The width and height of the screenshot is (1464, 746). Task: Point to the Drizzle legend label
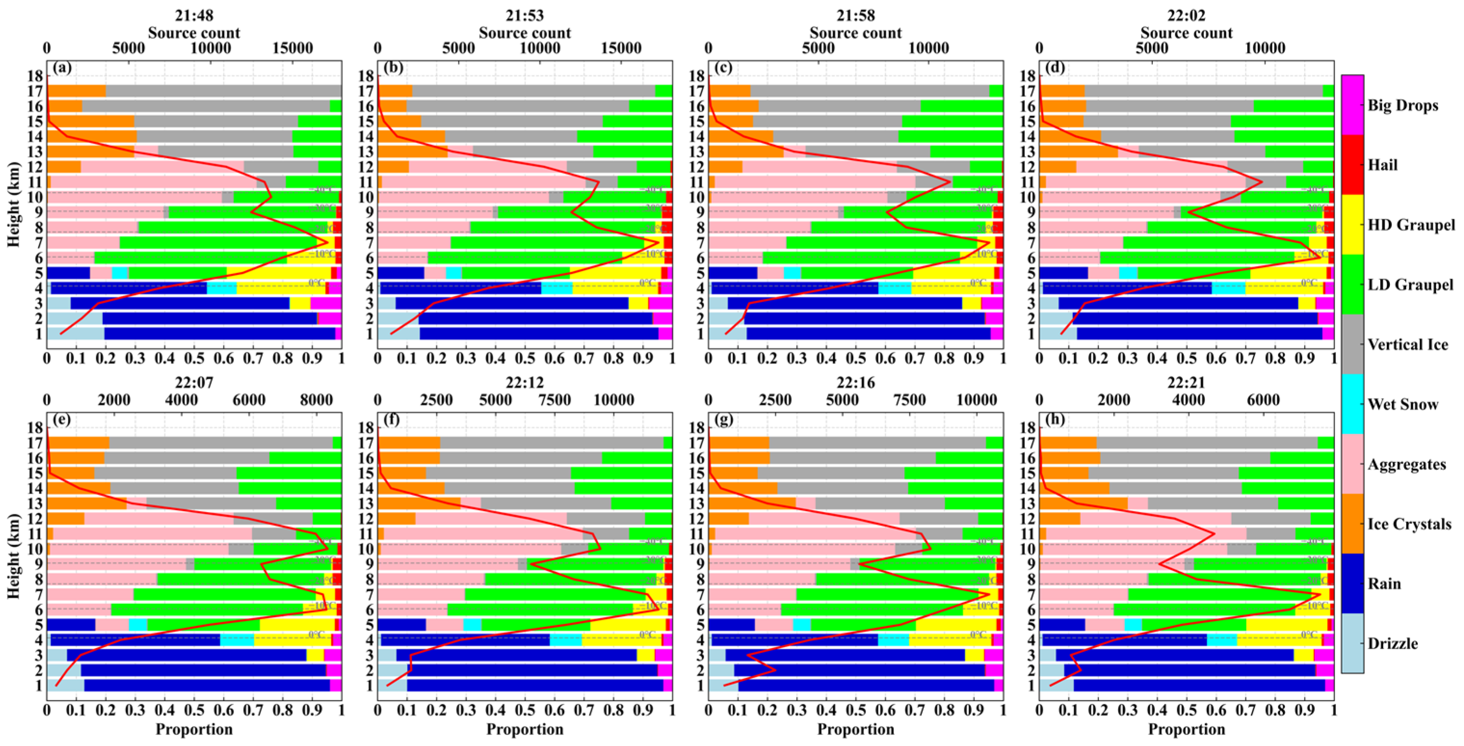[1392, 644]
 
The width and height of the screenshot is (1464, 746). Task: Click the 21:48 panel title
[194, 15]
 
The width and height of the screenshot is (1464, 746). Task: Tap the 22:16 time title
[855, 383]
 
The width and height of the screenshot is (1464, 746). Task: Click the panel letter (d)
[1055, 67]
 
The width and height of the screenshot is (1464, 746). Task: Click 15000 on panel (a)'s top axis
[292, 48]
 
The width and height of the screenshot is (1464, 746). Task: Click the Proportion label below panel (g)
[855, 729]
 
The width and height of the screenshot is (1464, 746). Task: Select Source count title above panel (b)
[524, 33]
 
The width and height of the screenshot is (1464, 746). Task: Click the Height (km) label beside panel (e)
[13, 556]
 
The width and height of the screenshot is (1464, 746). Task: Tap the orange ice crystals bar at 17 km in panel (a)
[76, 91]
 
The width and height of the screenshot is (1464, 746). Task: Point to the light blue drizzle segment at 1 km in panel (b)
[398, 334]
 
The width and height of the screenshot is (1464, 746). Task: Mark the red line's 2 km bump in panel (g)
[775, 670]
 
